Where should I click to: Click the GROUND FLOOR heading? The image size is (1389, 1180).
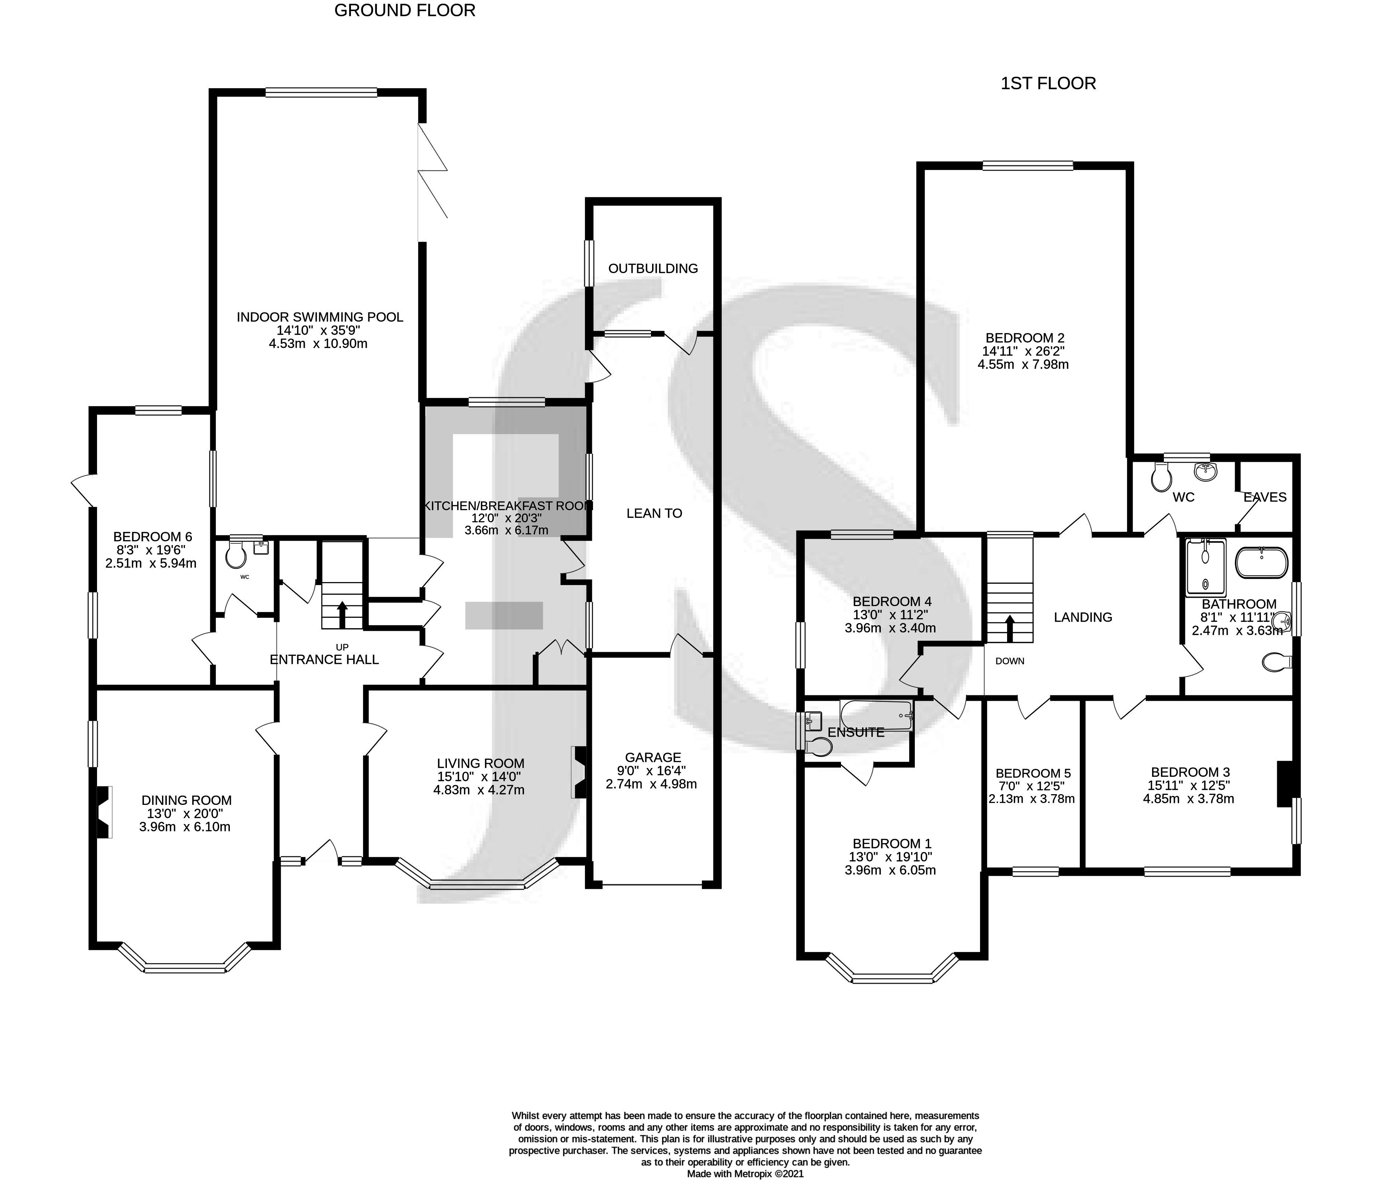[x=405, y=11]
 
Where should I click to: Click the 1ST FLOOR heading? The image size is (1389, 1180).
[x=1048, y=84]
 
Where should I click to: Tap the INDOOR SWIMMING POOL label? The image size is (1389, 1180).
[x=320, y=317]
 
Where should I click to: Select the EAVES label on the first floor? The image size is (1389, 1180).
[x=1265, y=497]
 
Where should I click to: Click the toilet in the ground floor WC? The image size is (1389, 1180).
[x=235, y=554]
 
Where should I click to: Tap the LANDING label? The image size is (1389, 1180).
[x=1083, y=617]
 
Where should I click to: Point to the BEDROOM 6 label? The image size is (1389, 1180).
[x=152, y=536]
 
